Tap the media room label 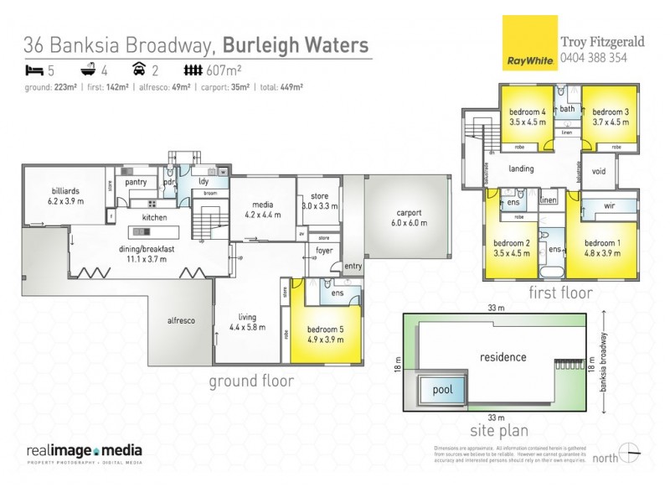tap(260, 209)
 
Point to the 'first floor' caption tap(560, 293)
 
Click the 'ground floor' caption tap(250, 381)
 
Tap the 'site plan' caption tap(499, 431)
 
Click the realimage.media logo tap(82, 453)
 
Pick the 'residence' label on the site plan tap(502, 357)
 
